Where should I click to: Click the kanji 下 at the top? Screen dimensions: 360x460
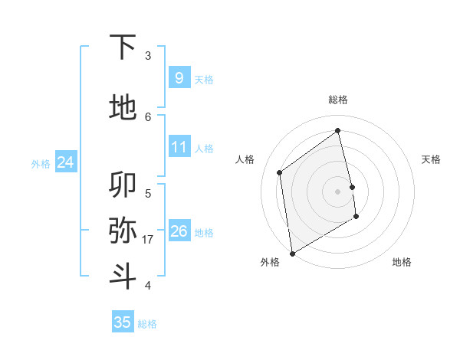(x=123, y=47)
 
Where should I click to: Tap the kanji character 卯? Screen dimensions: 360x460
(x=123, y=185)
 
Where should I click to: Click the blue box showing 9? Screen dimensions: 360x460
(x=179, y=77)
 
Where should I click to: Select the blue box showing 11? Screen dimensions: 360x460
(x=179, y=147)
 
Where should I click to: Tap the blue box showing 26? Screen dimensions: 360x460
(x=179, y=231)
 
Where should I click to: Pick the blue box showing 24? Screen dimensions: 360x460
(x=66, y=162)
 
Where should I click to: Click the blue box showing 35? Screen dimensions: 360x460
(x=123, y=322)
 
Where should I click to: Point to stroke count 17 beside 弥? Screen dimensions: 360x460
(x=148, y=240)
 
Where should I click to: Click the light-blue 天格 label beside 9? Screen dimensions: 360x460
(x=204, y=79)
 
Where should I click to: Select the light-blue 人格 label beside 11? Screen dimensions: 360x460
(x=204, y=149)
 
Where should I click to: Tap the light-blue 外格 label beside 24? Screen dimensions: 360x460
(x=41, y=163)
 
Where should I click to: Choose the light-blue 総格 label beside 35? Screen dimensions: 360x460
(x=147, y=324)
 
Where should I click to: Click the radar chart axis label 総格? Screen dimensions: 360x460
(x=338, y=100)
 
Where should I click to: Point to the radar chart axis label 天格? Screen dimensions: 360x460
(x=431, y=159)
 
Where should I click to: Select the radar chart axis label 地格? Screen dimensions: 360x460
(x=402, y=262)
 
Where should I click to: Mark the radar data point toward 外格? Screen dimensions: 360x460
(x=292, y=253)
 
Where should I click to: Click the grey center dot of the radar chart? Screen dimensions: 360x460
(x=338, y=191)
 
